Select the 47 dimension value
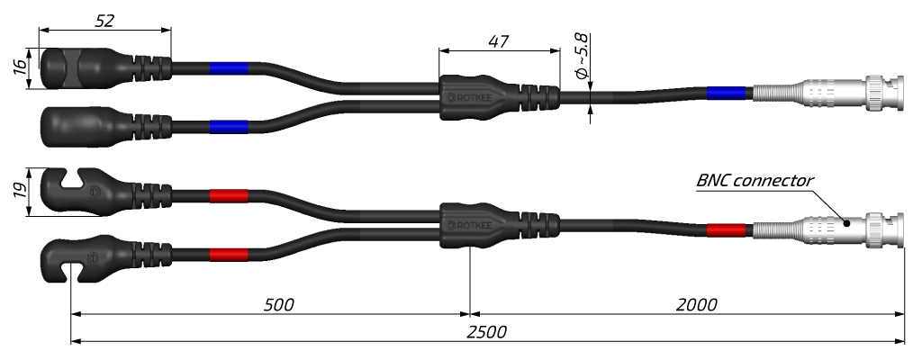(x=499, y=41)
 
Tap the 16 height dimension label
(x=20, y=68)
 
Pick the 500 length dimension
(x=278, y=305)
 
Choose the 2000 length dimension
(x=696, y=305)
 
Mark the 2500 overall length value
(x=486, y=332)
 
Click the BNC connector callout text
(x=755, y=180)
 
